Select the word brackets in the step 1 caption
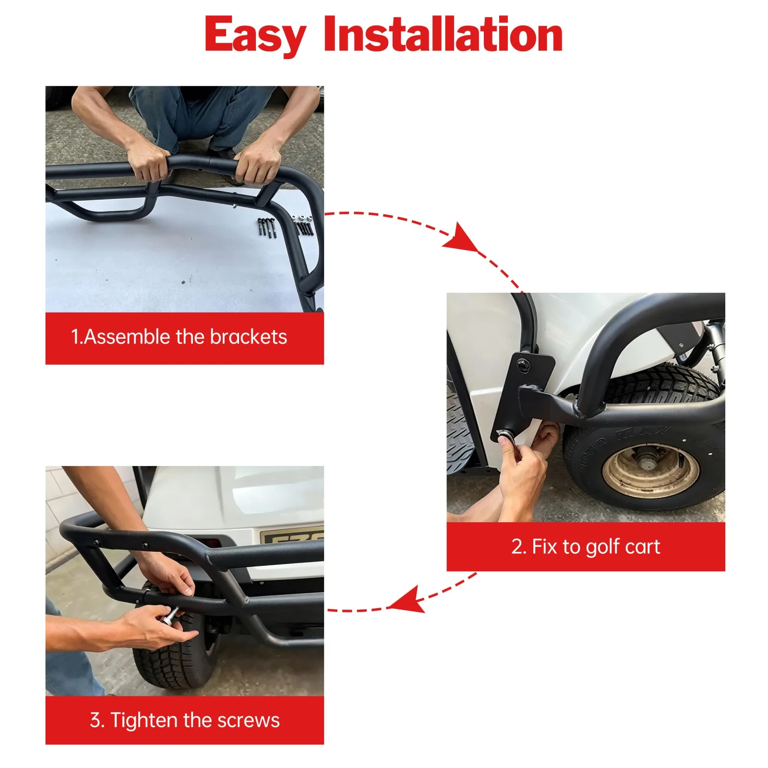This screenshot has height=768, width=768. (x=248, y=337)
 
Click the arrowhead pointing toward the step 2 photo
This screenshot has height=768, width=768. (x=461, y=237)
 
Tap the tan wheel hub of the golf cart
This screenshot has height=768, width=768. (x=650, y=471)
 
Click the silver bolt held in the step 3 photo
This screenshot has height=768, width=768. (x=170, y=615)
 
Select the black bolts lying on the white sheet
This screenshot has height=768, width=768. (x=267, y=228)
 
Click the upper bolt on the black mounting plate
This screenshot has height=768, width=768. (x=523, y=366)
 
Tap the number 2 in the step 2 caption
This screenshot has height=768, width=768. (x=516, y=547)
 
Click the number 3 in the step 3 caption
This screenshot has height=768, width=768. (x=95, y=720)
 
